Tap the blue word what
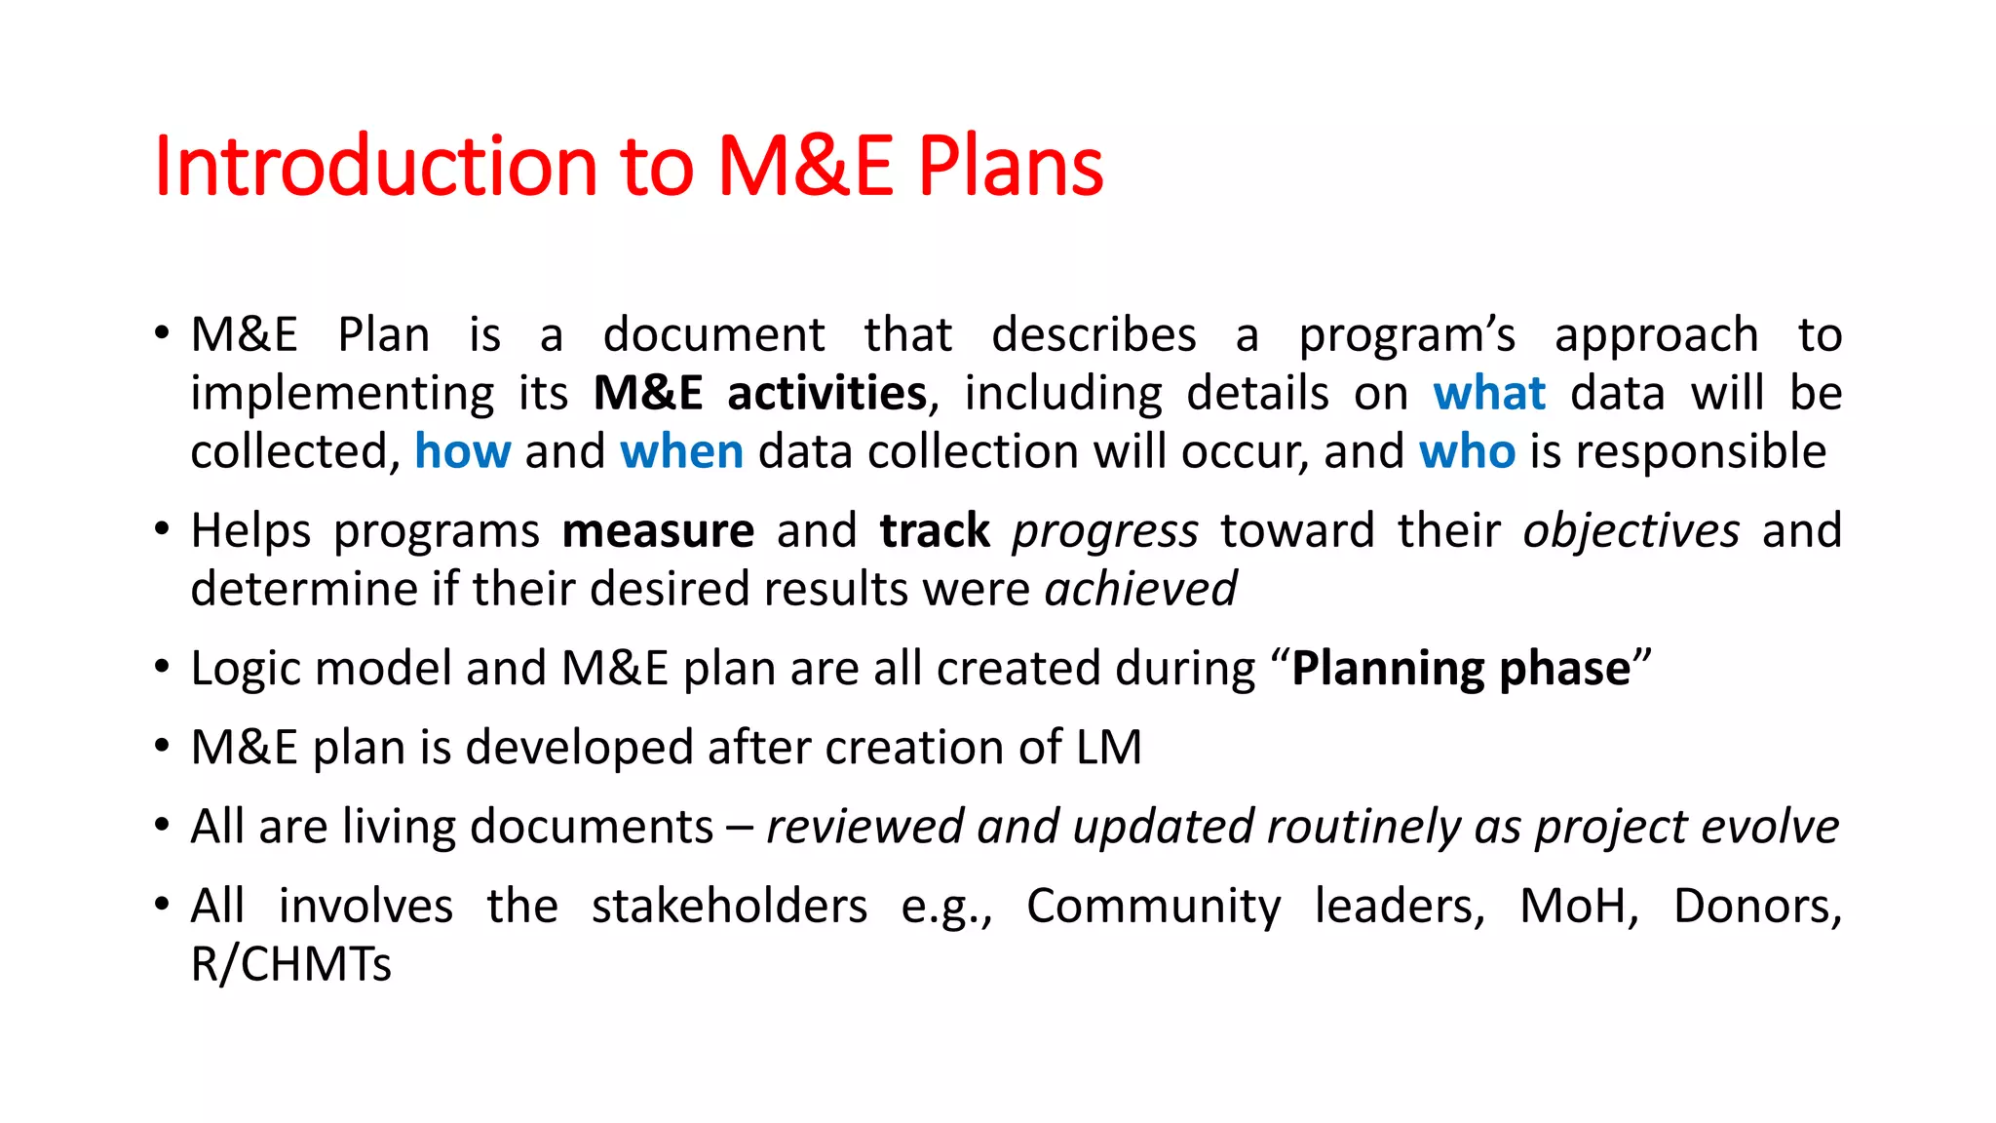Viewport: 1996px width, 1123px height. pyautogui.click(x=1489, y=394)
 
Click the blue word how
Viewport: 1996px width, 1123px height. pyautogui.click(x=462, y=452)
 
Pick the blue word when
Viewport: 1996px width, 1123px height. pyautogui.click(x=681, y=452)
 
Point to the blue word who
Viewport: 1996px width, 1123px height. pyautogui.click(x=1467, y=452)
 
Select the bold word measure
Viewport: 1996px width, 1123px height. pyautogui.click(x=658, y=531)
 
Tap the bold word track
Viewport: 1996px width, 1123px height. pyautogui.click(x=935, y=531)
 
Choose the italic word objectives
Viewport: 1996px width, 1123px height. pyautogui.click(x=1631, y=531)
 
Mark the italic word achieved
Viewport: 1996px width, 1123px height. pyautogui.click(x=1140, y=590)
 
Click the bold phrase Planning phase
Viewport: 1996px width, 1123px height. pyautogui.click(x=1461, y=670)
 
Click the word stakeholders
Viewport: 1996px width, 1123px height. pyautogui.click(x=729, y=906)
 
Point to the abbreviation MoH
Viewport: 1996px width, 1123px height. pyautogui.click(x=1578, y=906)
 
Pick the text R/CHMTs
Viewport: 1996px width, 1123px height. pyautogui.click(x=290, y=965)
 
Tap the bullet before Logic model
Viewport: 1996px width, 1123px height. pyautogui.click(x=162, y=669)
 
